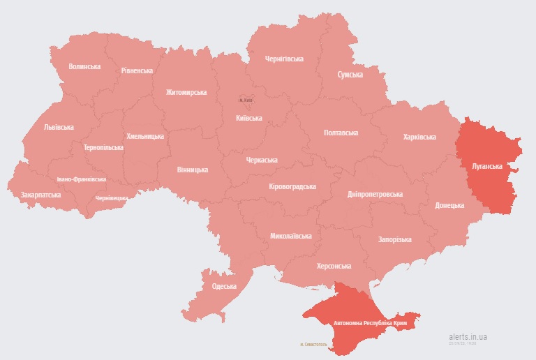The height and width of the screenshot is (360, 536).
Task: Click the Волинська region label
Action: (x=84, y=67)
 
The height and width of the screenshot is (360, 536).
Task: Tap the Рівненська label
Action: (x=136, y=71)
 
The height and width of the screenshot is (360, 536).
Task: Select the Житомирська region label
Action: (x=186, y=92)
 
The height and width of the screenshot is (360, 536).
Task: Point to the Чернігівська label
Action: (x=284, y=59)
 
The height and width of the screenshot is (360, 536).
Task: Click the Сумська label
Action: (x=350, y=74)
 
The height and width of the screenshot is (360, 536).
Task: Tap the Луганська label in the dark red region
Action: (x=487, y=167)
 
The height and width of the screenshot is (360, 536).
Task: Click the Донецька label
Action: (x=449, y=205)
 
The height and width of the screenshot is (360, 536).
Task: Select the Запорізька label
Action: (x=394, y=239)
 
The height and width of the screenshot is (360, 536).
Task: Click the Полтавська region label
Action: (x=341, y=133)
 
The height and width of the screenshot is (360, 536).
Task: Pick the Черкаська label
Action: (x=262, y=160)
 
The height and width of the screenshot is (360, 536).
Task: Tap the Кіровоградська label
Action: (x=292, y=187)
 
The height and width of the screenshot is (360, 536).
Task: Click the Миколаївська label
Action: (x=291, y=237)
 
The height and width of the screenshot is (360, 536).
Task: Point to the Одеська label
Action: (x=224, y=286)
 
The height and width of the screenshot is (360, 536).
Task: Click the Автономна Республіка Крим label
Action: (x=371, y=324)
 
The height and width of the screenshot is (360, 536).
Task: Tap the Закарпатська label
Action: (x=40, y=195)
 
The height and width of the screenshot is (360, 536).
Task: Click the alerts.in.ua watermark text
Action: (x=468, y=337)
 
